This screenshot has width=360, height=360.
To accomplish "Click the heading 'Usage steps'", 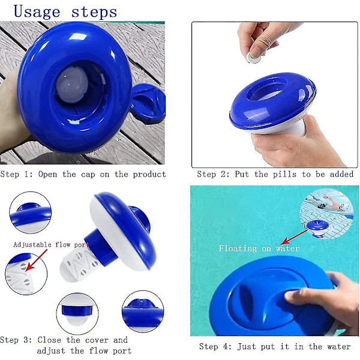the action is tap(65, 11).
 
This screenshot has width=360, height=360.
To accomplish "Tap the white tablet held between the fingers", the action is tap(253, 58).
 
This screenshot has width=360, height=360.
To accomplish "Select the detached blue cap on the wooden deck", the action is tap(148, 104).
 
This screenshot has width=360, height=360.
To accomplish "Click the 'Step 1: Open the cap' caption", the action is tap(83, 174).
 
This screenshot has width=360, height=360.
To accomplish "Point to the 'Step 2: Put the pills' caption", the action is tap(275, 174).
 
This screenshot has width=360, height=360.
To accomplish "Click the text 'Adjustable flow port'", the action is tap(51, 245).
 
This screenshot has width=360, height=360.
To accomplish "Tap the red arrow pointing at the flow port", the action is tap(37, 260).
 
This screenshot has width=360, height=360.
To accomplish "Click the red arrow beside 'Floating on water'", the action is tap(294, 238).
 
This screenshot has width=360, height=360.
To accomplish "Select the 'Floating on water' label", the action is tap(259, 248).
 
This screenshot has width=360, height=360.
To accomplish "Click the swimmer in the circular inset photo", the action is tap(328, 203).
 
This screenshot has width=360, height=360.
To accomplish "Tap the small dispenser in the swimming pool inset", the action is tap(318, 228).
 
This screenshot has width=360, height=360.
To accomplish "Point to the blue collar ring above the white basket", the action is tap(101, 247).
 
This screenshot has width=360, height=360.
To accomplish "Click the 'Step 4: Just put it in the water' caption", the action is tap(275, 346).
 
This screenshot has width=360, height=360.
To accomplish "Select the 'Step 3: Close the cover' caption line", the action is tap(64, 340).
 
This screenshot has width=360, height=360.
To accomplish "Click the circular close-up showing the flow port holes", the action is tap(26, 274).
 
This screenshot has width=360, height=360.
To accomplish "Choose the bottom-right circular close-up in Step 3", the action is tap(143, 311).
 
